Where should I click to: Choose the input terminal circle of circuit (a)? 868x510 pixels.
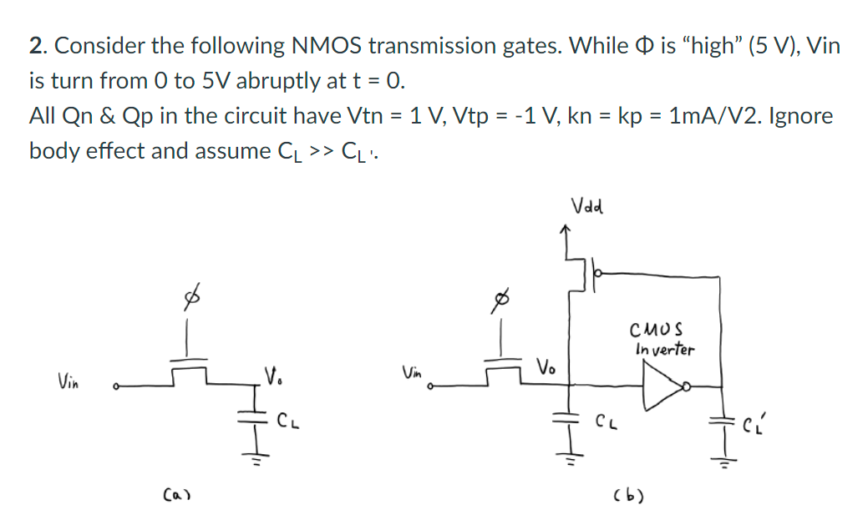pos(117,386)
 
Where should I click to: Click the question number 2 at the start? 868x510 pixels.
pos(35,46)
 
